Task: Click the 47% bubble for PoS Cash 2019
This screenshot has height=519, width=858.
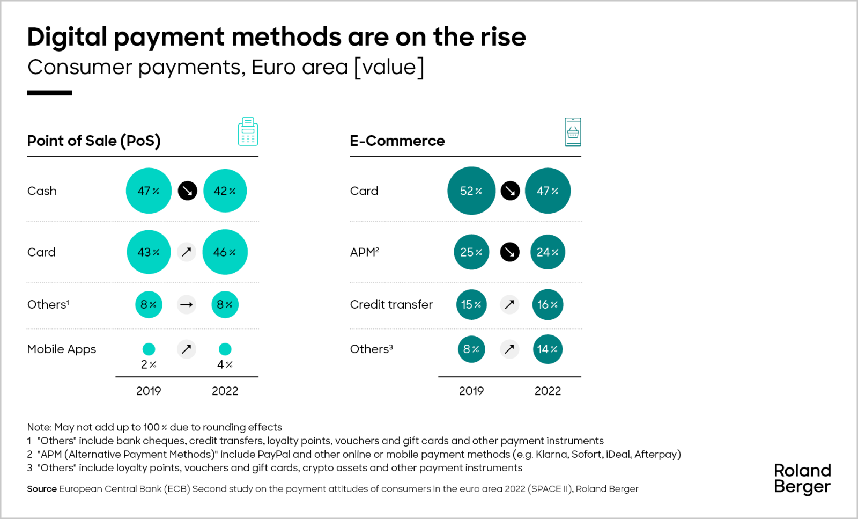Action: tap(149, 191)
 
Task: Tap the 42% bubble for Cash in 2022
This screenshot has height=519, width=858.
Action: tap(225, 191)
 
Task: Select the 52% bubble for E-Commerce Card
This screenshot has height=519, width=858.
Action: tap(471, 191)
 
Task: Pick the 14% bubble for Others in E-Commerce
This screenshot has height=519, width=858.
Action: tap(547, 349)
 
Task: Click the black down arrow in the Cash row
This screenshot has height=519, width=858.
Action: tap(187, 191)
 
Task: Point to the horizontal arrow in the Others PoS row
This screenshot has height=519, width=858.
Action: tap(187, 304)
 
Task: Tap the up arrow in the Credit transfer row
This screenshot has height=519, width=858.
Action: tap(509, 304)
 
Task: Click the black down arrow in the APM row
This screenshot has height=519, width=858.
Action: tap(509, 252)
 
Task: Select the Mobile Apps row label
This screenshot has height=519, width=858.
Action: tap(62, 349)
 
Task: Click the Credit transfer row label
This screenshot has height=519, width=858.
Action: tap(391, 304)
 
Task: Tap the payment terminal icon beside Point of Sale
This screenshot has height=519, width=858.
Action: tap(248, 131)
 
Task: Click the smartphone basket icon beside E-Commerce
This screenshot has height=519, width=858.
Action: tap(573, 131)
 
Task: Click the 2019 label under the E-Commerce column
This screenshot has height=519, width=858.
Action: tap(471, 391)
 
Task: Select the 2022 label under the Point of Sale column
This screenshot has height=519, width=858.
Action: tap(225, 391)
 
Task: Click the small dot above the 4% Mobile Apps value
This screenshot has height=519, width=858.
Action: tap(225, 349)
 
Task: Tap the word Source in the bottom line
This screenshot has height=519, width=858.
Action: tap(41, 488)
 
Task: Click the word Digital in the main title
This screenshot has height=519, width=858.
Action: tap(67, 37)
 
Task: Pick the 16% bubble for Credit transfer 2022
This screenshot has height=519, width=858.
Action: tap(547, 304)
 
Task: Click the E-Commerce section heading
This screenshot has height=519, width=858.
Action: tap(397, 141)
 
